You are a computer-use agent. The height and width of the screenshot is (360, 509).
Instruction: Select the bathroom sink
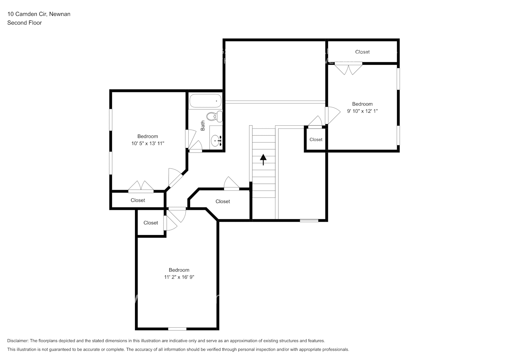coord(216,141)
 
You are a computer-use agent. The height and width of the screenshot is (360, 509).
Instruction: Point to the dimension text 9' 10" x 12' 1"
coord(362,111)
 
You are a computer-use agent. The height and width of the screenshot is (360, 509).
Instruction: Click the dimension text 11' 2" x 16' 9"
coord(179,277)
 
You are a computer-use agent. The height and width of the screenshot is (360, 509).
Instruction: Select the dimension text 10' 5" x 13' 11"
coord(148,144)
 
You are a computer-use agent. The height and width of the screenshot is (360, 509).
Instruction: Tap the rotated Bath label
coord(203,126)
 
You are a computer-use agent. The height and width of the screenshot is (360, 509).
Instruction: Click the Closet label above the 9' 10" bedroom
coord(362,52)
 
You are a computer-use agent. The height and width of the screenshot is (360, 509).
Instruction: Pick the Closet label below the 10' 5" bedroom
coord(138,201)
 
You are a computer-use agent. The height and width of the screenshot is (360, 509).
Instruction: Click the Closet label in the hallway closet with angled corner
coord(222,202)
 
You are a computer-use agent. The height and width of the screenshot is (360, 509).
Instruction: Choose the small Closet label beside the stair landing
coord(316,140)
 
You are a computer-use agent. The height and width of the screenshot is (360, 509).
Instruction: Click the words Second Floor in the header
coord(24,23)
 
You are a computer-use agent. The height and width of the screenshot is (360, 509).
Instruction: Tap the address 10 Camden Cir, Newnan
coord(39,14)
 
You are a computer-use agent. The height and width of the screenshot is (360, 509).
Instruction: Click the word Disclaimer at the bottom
coord(18,341)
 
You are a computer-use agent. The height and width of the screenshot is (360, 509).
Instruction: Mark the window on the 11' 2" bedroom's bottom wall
coord(177,329)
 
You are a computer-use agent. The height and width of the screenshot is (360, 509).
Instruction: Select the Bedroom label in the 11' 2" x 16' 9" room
coord(179,270)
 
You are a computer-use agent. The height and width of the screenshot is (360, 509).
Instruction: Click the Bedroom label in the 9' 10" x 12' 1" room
coord(362,104)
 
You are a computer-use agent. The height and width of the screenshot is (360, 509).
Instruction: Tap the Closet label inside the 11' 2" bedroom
coord(150,223)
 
